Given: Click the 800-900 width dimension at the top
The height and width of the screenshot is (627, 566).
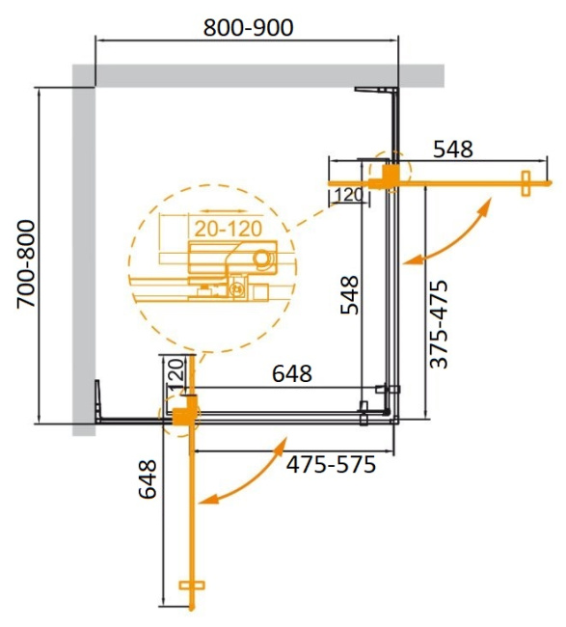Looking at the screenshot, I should click(x=249, y=26).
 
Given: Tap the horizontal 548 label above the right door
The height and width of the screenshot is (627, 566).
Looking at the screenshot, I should click(x=452, y=150).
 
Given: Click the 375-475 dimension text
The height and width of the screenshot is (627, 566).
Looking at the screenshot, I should click(x=439, y=324).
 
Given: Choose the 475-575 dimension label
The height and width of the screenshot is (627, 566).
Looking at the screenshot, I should click(x=330, y=465).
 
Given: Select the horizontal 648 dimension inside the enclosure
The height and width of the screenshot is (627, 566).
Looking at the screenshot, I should click(x=291, y=372).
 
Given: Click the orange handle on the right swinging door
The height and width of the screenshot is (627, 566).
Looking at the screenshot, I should click(x=526, y=183).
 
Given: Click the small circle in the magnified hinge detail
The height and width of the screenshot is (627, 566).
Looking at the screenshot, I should click(x=261, y=259).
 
